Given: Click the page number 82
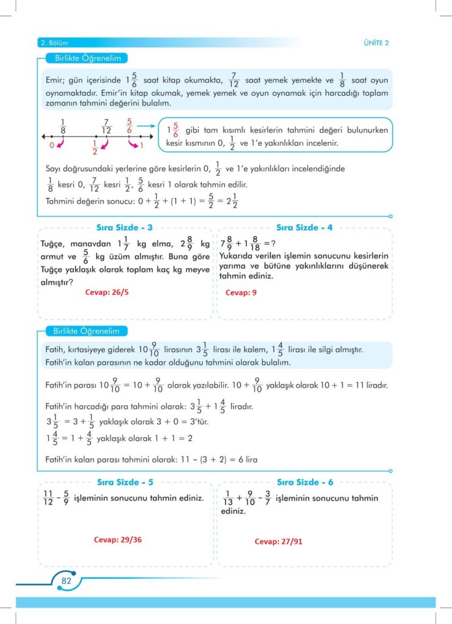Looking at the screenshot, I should click(x=66, y=580).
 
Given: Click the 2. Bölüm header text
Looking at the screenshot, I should click(x=54, y=43).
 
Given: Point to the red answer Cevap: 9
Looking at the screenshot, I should click(x=241, y=292).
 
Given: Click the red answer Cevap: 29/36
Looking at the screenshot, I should click(x=121, y=539).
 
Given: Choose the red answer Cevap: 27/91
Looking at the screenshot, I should click(x=278, y=541).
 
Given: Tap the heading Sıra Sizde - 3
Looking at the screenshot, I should click(x=124, y=227).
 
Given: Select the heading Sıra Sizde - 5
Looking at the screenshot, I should click(x=124, y=482).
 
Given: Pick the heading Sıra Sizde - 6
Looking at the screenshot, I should click(x=305, y=482).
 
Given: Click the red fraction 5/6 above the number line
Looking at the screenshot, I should click(x=129, y=126).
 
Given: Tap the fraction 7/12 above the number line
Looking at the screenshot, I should click(x=107, y=126).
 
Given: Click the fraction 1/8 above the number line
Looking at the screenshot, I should click(x=63, y=126).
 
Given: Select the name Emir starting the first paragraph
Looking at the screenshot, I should click(x=55, y=80).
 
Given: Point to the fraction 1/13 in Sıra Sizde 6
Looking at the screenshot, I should click(x=228, y=498).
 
